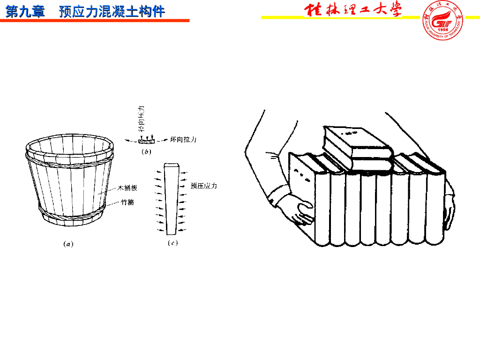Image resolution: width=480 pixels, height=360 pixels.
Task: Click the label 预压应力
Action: [204, 186]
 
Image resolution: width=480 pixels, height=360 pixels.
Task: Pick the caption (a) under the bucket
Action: [68, 243]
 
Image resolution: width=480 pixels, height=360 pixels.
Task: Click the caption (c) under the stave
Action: [172, 243]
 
